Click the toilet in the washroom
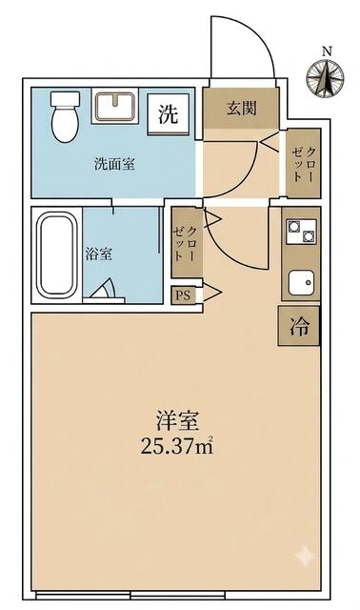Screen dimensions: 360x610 coord(66,116)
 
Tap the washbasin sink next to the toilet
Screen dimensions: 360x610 coord(115,106)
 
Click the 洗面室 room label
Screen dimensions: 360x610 coord(114,164)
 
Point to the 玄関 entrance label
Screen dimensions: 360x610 coord(242,109)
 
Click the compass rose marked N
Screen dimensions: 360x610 coord(325,76)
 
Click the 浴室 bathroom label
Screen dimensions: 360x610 coord(99,254)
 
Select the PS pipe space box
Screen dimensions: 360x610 coord(184,295)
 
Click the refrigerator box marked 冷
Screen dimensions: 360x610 coord(299,326)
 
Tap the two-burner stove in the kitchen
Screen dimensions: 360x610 coord(301,231)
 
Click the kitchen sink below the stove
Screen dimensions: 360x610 coord(302,282)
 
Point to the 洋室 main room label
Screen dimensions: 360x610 coord(177,421)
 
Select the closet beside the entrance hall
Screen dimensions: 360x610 coord(303,163)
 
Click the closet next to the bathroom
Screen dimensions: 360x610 coord(188,242)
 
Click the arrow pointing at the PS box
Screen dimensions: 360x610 coord(212,293)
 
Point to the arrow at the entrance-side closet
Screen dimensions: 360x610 coord(270,141)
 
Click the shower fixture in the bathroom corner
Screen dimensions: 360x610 coord(105,290)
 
